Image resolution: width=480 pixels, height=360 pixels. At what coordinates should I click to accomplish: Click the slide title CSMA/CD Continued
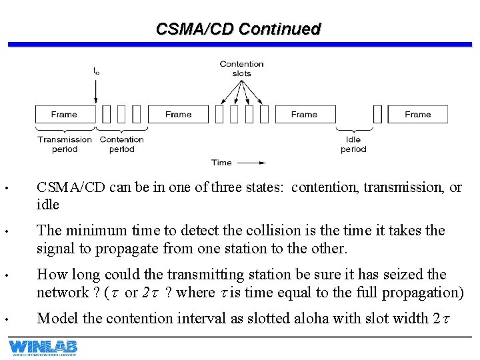click(x=238, y=29)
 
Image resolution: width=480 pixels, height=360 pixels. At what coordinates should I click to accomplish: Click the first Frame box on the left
click(x=64, y=114)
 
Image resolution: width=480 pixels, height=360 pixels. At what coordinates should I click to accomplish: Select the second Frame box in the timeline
click(x=179, y=114)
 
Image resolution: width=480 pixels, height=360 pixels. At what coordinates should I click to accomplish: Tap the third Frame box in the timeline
click(x=304, y=114)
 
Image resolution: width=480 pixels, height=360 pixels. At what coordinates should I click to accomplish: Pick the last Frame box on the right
click(x=418, y=114)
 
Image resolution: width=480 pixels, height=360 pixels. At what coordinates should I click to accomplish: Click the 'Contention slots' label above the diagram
click(x=241, y=69)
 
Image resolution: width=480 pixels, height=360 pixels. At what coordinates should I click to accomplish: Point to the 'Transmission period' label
click(x=65, y=144)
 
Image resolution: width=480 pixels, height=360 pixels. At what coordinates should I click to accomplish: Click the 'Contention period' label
click(x=121, y=144)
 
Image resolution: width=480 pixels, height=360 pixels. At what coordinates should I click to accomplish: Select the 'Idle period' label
click(x=353, y=144)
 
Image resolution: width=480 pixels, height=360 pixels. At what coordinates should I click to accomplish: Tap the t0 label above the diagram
click(x=96, y=71)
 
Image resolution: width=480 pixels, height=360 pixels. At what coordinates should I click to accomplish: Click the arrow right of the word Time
click(x=251, y=162)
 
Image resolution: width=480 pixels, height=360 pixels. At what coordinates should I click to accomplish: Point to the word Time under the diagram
click(x=221, y=162)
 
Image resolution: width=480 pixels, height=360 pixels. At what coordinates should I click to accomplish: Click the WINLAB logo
click(x=43, y=347)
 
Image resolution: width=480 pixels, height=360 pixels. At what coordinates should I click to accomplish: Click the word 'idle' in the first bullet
click(x=48, y=205)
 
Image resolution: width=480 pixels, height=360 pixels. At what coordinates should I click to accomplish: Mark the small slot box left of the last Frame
click(x=377, y=114)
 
